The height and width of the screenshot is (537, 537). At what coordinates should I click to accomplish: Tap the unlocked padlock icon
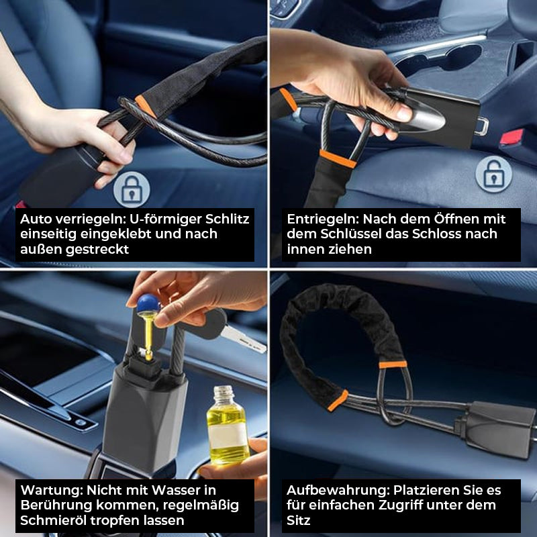pyautogui.click(x=493, y=174)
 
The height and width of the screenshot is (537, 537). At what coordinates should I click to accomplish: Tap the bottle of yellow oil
pyautogui.click(x=228, y=427)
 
